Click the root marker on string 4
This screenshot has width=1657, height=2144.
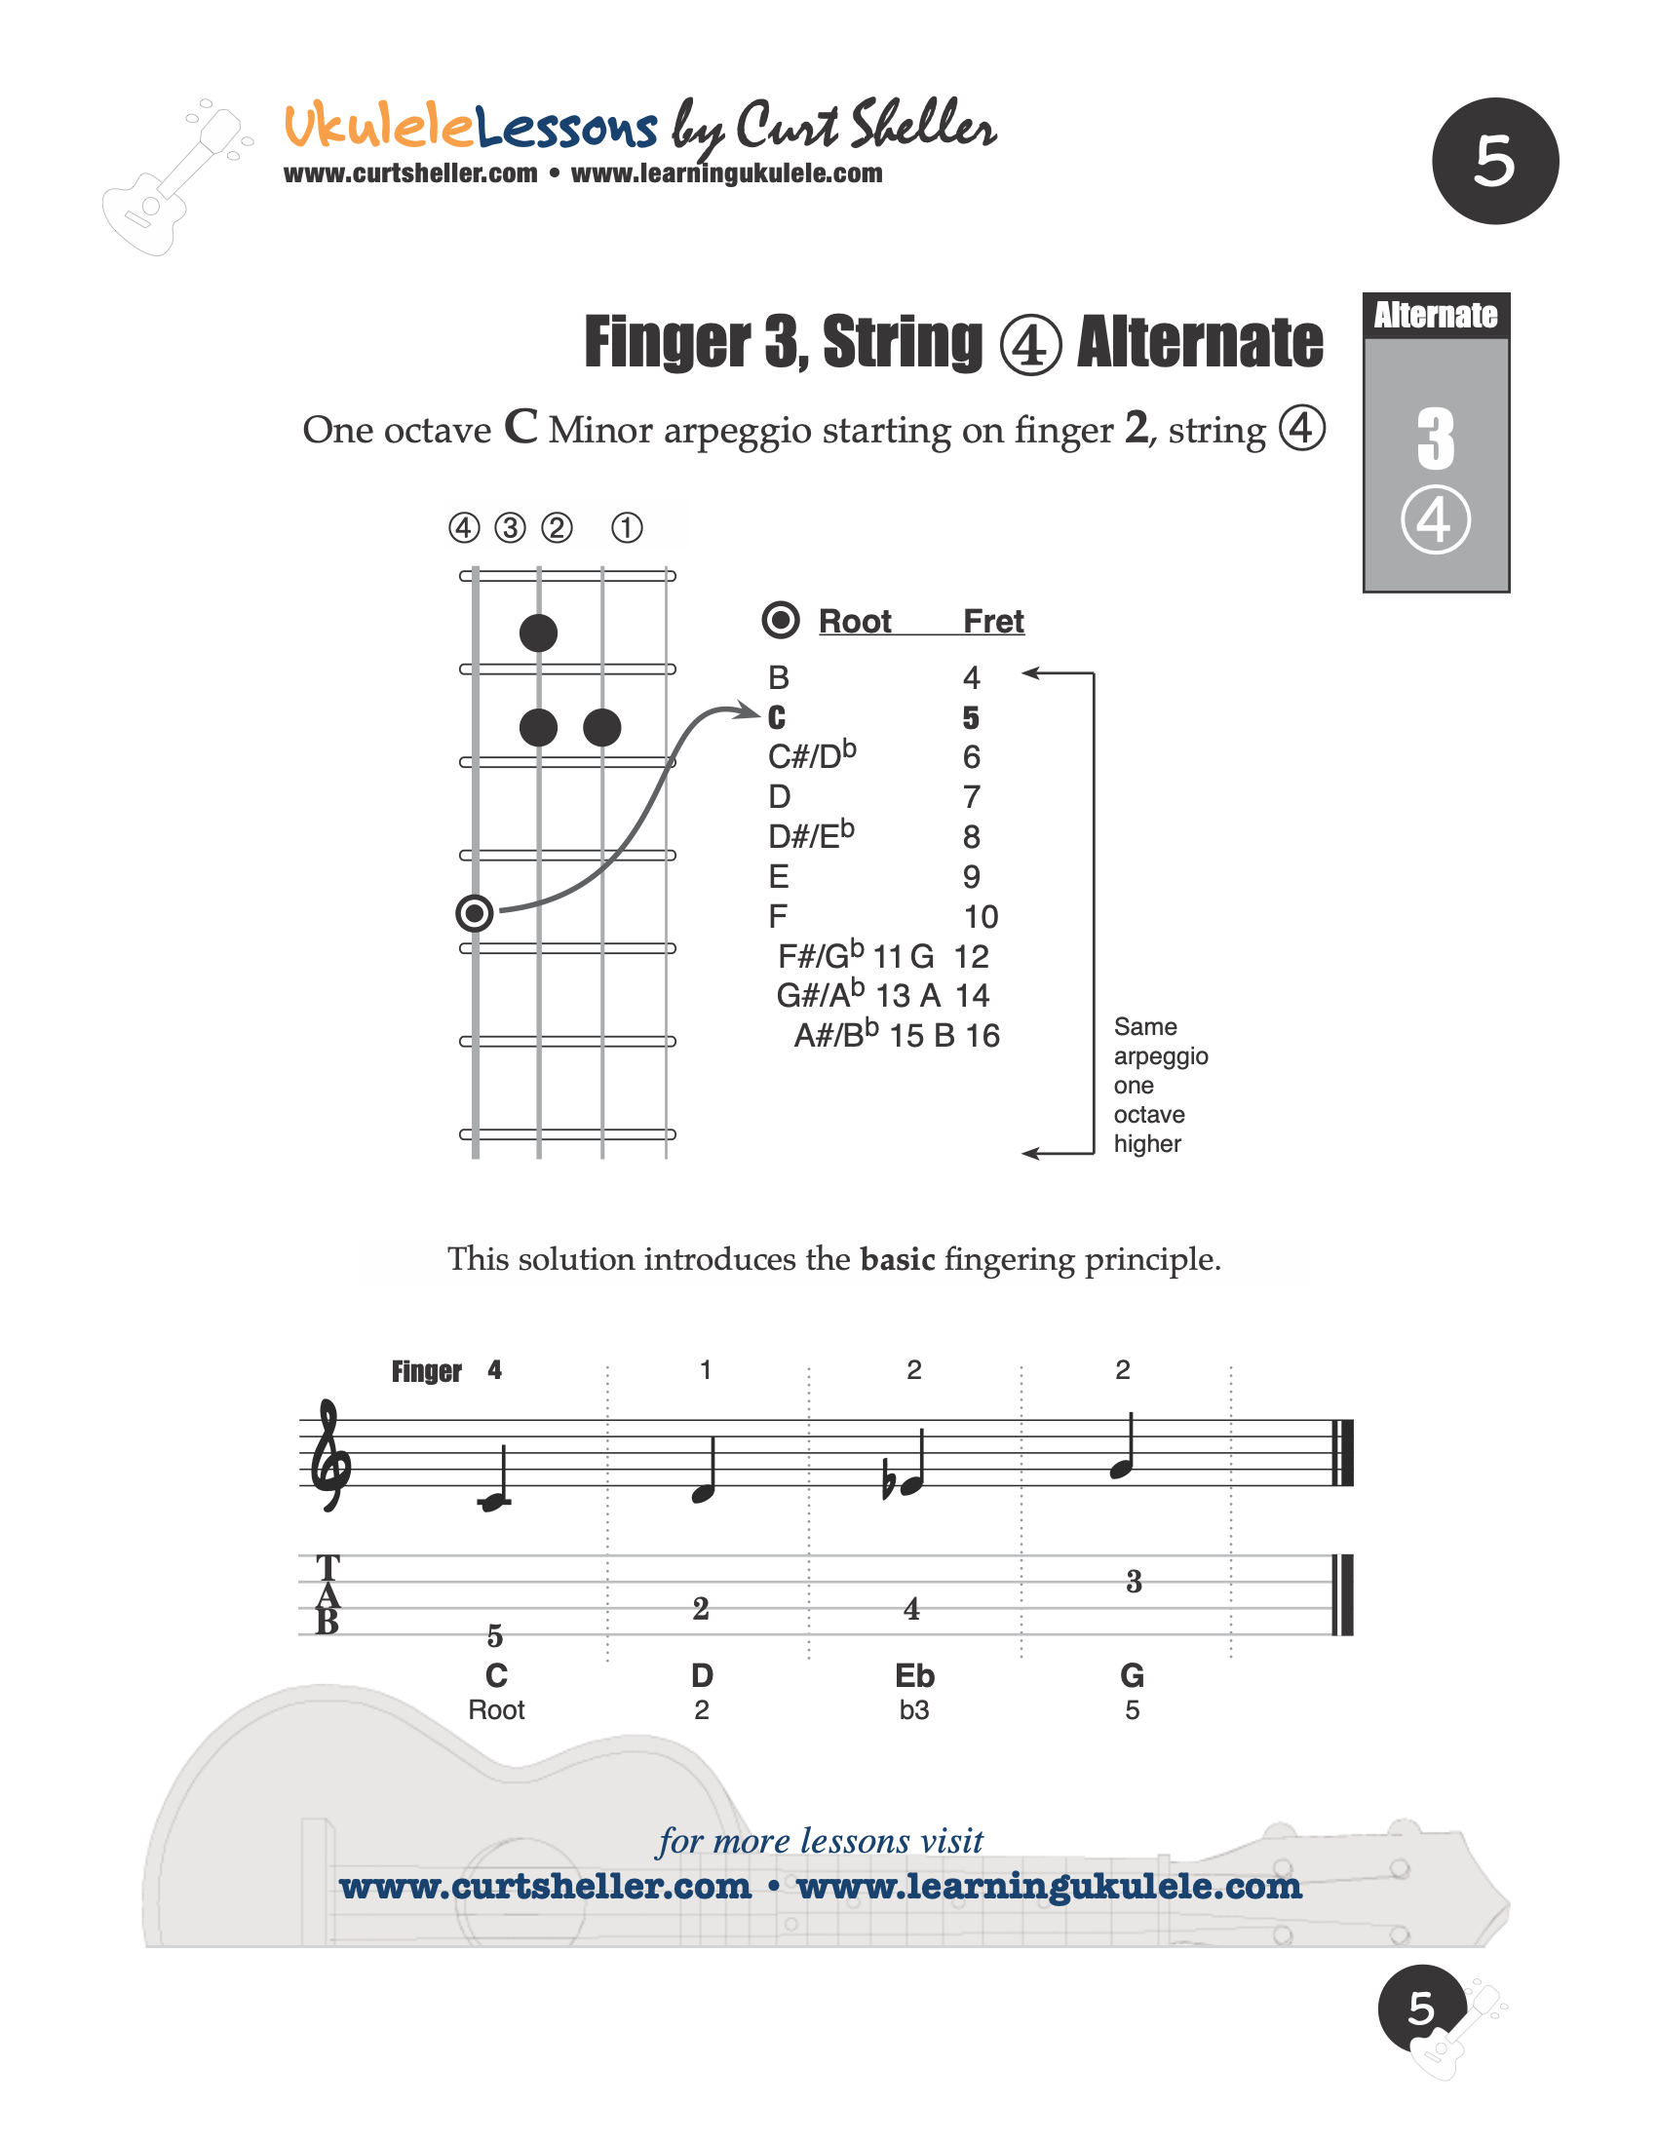[475, 914]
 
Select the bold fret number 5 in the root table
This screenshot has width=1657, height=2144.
[971, 718]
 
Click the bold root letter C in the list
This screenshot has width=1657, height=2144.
[777, 718]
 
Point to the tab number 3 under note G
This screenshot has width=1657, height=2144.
[1134, 1582]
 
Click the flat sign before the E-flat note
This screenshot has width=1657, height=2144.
[889, 1483]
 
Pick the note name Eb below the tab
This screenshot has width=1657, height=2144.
[914, 1676]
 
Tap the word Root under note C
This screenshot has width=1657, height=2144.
[496, 1710]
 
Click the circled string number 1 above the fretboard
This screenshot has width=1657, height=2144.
[628, 528]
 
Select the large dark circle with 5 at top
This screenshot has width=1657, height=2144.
[1495, 161]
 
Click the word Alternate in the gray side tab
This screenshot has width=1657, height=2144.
[1435, 315]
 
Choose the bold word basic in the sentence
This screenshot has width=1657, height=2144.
[897, 1259]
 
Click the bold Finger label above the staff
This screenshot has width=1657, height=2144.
[426, 1371]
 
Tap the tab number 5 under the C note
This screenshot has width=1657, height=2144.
[495, 1636]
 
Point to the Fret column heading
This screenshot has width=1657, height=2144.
[993, 622]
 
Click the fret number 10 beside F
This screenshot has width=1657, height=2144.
[981, 917]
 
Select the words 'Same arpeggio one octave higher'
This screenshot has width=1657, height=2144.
[1160, 1085]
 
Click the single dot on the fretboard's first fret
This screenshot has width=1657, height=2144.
[538, 633]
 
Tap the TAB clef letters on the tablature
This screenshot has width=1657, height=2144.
[328, 1595]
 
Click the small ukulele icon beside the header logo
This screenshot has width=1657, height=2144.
[174, 179]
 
